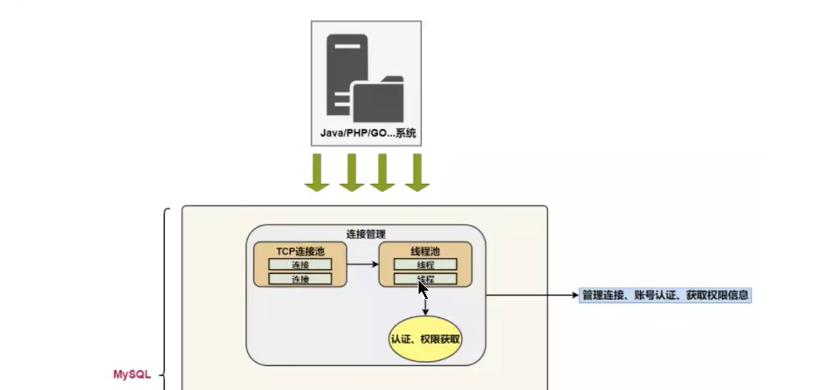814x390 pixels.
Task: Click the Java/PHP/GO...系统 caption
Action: pos(367,132)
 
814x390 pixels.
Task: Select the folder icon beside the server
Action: pos(377,99)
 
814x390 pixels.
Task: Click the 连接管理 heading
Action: pos(366,234)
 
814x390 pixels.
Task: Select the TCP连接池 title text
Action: pos(300,251)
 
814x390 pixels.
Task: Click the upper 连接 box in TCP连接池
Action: pos(300,264)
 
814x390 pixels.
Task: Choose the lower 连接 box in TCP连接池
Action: pos(300,279)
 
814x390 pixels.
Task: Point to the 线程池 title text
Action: pos(425,251)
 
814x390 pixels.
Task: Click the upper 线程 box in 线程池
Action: pos(425,264)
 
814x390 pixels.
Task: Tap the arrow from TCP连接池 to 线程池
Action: pos(363,264)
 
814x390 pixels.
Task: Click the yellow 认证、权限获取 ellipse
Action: pos(425,339)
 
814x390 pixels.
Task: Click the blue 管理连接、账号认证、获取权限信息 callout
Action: pos(665,295)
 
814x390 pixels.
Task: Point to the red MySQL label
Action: pos(132,374)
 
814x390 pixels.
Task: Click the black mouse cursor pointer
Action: pos(423,289)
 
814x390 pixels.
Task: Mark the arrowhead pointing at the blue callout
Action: pos(575,295)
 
